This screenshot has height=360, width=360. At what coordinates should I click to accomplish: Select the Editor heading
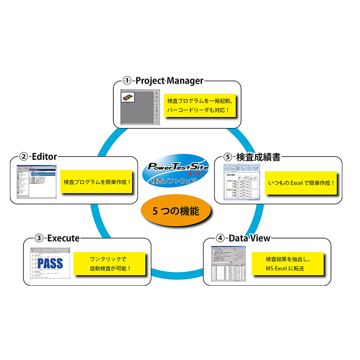pos(44,157)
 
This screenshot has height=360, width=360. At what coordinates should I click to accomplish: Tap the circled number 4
pos(220,238)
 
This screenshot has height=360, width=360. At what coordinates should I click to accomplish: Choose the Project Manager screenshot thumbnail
pos(140,108)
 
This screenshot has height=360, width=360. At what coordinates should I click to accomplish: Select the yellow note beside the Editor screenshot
pos(97,182)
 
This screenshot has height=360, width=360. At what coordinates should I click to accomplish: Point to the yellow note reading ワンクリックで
pos(110,264)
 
